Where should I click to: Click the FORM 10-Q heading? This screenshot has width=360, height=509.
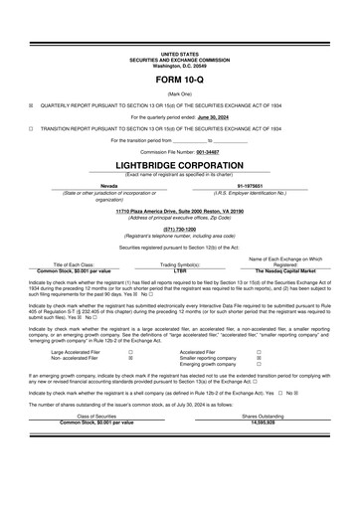(179, 78)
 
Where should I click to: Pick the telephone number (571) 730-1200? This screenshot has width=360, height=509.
(179, 225)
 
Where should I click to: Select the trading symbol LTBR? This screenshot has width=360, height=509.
(180, 270)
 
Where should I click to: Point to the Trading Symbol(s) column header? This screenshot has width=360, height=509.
(180, 264)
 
